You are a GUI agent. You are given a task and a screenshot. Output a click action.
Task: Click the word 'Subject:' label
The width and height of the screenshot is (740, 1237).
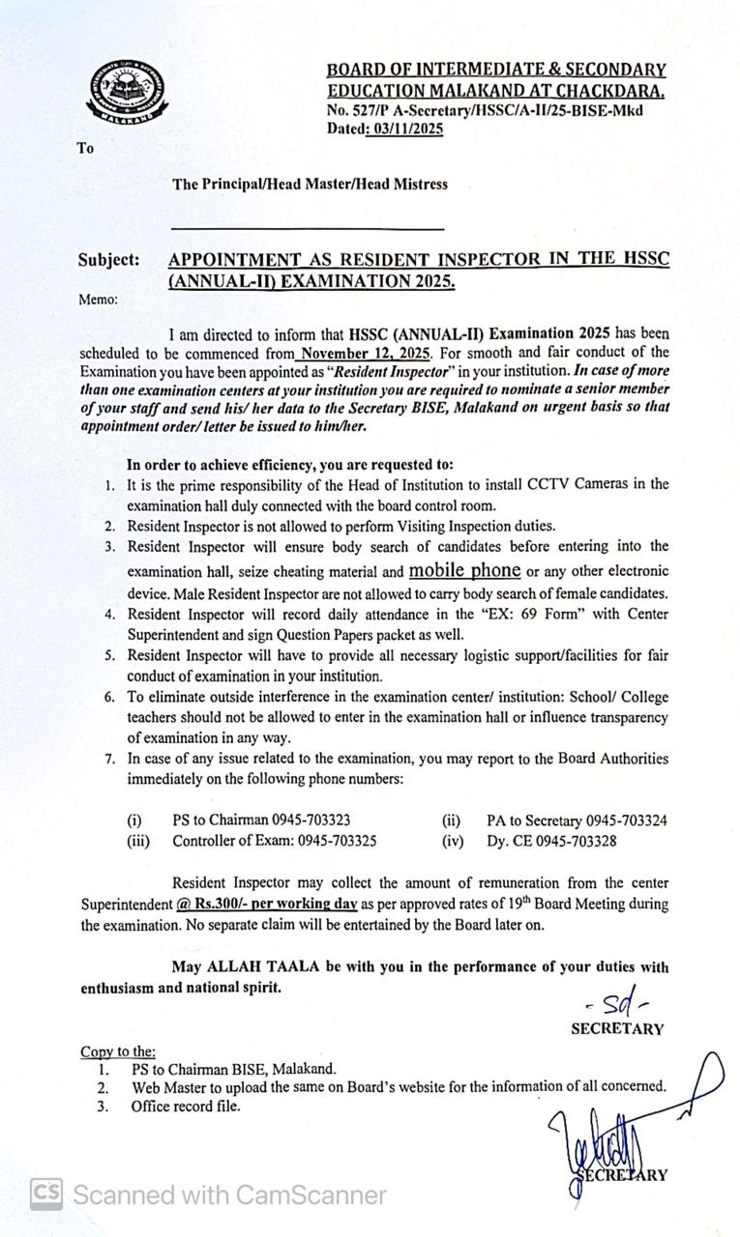pos(108,260)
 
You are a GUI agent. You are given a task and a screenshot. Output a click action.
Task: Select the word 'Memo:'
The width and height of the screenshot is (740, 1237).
pos(99,300)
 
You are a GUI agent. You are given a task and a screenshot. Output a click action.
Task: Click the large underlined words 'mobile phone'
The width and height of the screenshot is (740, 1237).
pos(464,569)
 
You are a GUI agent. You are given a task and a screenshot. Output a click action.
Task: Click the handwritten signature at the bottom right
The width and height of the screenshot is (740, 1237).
pos(600,1150)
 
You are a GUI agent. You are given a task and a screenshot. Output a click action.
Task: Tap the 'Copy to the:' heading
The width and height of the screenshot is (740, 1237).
pos(117,1051)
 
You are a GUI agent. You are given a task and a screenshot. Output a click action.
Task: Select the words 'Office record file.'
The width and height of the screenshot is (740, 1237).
pos(185,1106)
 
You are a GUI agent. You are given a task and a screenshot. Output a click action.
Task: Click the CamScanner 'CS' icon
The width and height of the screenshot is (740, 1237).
pos(45,1194)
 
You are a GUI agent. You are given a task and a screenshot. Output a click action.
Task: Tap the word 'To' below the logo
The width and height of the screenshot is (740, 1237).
pos(86,149)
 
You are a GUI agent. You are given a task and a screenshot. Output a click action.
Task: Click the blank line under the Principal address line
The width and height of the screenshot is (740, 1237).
pos(308,229)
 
